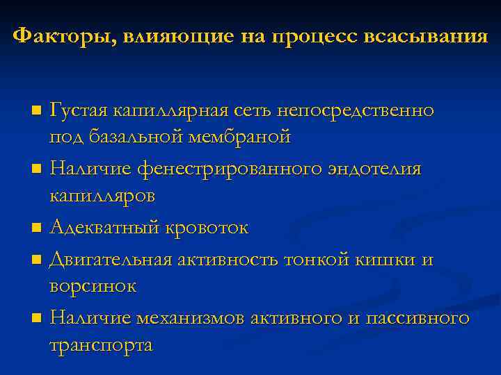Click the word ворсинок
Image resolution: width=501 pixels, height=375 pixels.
pyautogui.click(x=93, y=285)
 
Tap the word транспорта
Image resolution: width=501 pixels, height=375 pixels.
pyautogui.click(x=101, y=345)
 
